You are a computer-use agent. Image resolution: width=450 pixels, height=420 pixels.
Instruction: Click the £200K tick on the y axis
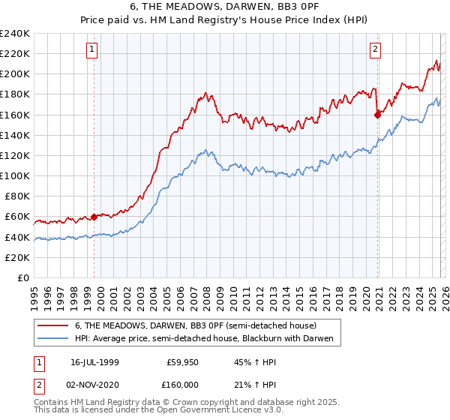pos(15,74)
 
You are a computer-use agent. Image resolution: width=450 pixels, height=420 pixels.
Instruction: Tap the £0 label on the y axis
pos(24,277)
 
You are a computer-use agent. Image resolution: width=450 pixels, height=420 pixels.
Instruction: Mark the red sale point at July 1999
pos(94,217)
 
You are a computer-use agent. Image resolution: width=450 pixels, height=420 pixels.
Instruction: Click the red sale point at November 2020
pos(377,115)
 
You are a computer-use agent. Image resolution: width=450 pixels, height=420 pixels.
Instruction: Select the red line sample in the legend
pos(53,325)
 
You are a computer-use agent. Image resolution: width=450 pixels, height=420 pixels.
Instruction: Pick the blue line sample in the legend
pos(53,339)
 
